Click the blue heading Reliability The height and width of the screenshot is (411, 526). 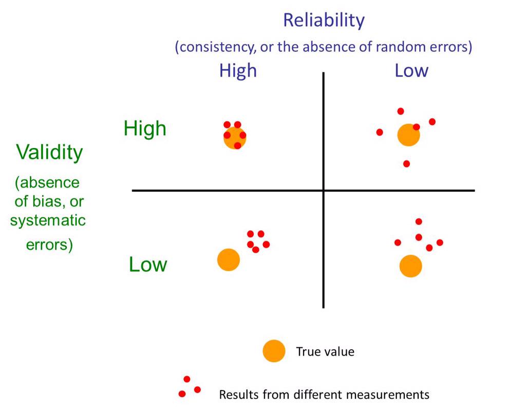(324, 21)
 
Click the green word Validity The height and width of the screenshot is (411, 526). (49, 153)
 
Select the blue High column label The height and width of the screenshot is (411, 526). (238, 70)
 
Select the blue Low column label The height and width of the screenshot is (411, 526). (411, 70)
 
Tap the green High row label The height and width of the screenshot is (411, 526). (145, 128)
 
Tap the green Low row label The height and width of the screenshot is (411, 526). (148, 265)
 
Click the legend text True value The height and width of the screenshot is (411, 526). (325, 352)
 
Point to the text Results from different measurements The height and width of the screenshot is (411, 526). (324, 395)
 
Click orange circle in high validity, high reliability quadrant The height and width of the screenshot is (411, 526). (235, 138)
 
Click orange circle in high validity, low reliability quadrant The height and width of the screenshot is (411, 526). (408, 135)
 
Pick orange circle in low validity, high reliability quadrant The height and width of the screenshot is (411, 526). (229, 260)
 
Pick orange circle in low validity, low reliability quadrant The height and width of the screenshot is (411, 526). (410, 266)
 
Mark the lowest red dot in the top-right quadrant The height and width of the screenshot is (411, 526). (406, 164)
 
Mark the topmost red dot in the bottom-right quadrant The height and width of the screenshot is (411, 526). (419, 221)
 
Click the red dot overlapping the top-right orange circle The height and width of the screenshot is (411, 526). (416, 127)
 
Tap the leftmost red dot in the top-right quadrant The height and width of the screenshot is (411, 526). (380, 132)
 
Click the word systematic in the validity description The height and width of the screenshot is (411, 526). (48, 221)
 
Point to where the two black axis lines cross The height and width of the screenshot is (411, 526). (324, 191)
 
